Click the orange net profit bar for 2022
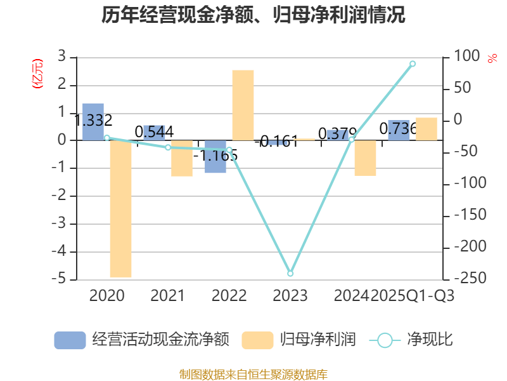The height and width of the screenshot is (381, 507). (x=243, y=105)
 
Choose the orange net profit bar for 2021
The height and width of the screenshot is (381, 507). (x=182, y=158)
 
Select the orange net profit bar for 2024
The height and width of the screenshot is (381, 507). (x=365, y=157)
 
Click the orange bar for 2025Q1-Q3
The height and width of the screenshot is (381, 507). (x=427, y=129)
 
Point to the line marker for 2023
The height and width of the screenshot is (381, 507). (x=290, y=274)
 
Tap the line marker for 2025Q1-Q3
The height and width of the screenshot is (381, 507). (x=413, y=63)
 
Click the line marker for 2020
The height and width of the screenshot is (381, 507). (x=106, y=138)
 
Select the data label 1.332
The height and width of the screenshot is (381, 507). (x=93, y=121)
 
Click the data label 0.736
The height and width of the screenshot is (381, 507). (x=398, y=129)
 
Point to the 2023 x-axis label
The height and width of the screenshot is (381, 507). (x=290, y=295)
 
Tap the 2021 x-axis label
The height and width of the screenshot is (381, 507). (x=167, y=295)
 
